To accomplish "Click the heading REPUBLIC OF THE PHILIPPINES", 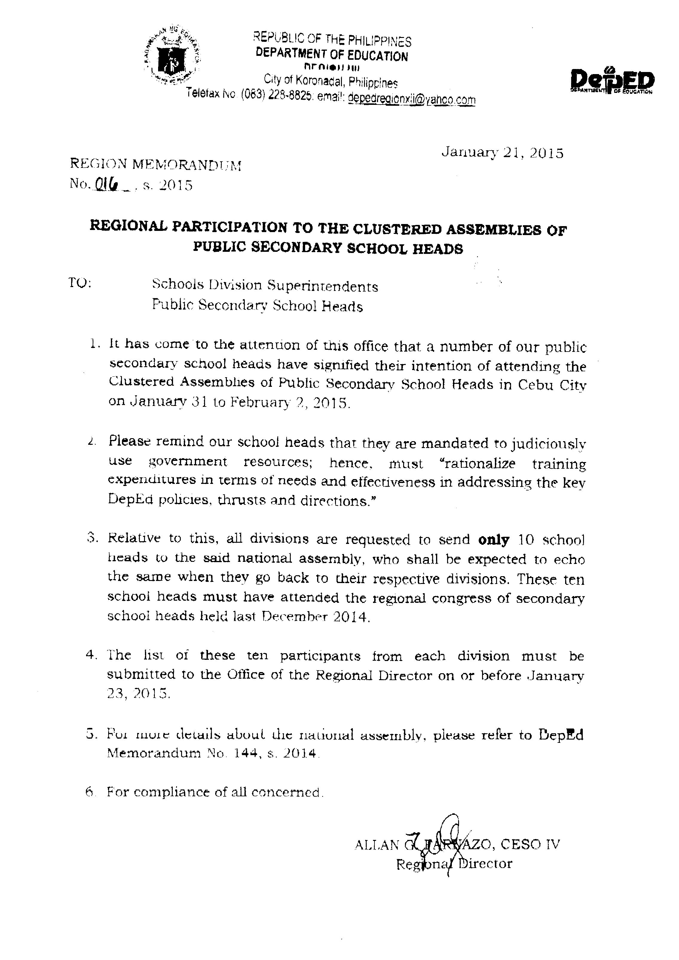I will (x=332, y=41).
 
